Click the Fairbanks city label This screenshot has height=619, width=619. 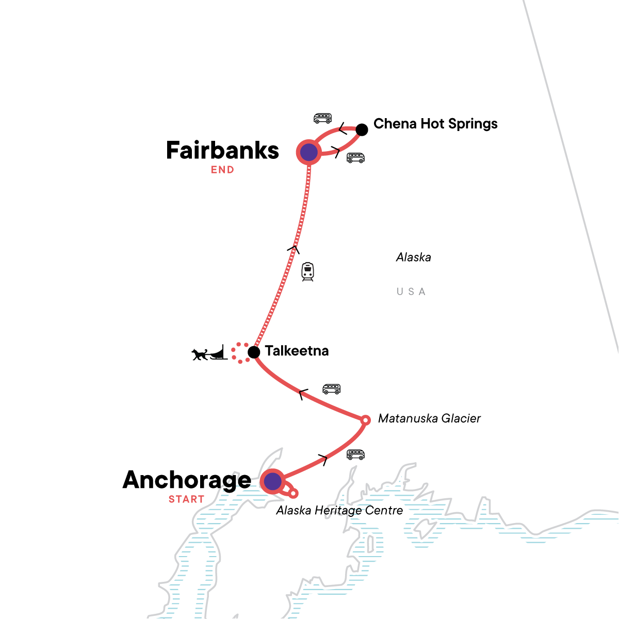coord(222,151)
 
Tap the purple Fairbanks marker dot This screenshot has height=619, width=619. coord(308,152)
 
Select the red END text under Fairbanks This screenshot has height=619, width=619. coord(222,170)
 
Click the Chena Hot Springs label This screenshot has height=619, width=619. coord(435,124)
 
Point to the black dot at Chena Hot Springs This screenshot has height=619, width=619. coord(362,129)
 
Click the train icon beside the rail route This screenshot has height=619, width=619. coord(307,271)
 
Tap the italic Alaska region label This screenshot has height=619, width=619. coord(413,257)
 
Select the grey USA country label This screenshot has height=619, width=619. coord(411,292)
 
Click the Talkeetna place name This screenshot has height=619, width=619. coord(297,351)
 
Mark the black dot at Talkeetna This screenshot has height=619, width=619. coord(254,352)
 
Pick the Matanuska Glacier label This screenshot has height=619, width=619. coord(429,418)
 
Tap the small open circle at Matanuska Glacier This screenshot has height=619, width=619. coord(365,420)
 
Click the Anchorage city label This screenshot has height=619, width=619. coord(187,480)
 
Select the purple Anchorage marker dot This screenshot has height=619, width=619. coord(272,482)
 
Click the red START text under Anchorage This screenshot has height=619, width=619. coord(186,499)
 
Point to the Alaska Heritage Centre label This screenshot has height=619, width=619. coord(339,511)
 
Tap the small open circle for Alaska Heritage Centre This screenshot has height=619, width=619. coord(293,494)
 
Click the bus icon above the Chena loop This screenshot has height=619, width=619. coord(322,119)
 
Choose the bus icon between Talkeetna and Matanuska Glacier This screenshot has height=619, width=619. coord(331,389)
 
